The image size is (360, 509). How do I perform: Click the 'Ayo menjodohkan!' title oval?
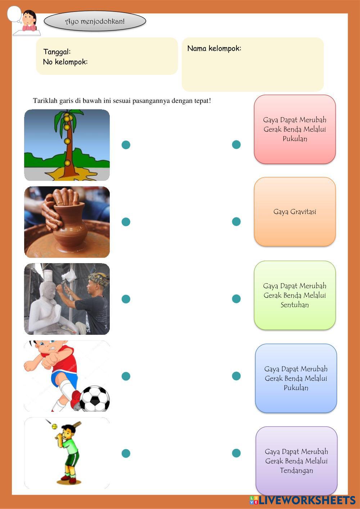click(x=95, y=21)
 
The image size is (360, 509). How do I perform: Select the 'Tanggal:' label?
click(x=57, y=52)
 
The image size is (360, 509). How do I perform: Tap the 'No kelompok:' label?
click(x=65, y=62)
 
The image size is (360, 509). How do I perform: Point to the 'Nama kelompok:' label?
click(x=214, y=48)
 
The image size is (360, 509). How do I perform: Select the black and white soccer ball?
click(x=94, y=399)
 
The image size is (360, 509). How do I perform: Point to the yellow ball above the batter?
click(x=55, y=427)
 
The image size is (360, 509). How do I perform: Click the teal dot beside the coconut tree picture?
click(x=126, y=145)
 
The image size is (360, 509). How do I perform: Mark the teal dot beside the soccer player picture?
click(x=126, y=376)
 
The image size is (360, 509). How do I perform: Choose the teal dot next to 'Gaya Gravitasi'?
click(x=236, y=221)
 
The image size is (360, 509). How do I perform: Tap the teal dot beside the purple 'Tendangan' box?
click(x=236, y=453)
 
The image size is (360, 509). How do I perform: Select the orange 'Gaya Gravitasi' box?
click(x=294, y=212)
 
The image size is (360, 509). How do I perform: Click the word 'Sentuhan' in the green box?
click(x=294, y=305)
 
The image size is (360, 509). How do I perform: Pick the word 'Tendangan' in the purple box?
click(x=296, y=470)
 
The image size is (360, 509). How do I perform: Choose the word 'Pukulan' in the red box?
click(x=294, y=139)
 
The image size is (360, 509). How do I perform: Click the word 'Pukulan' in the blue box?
click(x=296, y=388)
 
